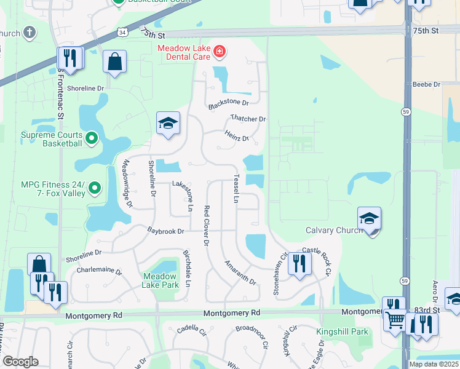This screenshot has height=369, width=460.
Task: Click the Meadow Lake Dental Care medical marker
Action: click(219, 52)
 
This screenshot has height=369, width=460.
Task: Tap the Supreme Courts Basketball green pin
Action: click(91, 138)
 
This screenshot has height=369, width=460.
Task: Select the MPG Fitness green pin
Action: click(94, 188)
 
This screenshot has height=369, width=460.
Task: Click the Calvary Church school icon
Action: click(369, 220)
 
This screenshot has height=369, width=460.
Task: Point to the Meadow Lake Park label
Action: click(161, 280)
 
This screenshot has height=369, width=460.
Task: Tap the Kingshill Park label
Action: click(342, 332)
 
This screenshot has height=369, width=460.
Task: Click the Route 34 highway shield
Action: click(124, 31)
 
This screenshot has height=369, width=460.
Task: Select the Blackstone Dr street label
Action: click(228, 103)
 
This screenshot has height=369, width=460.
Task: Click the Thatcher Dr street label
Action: click(248, 119)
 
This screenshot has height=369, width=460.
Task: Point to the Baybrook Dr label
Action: click(165, 231)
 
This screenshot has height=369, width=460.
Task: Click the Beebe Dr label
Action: click(427, 84)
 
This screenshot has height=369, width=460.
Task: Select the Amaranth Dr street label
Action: click(240, 271)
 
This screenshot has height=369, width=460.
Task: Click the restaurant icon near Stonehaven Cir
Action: click(299, 264)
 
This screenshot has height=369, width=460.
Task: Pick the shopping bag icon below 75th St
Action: click(115, 61)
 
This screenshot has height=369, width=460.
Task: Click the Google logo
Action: click(20, 362)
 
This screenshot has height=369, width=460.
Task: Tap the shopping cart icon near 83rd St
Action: click(395, 320)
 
